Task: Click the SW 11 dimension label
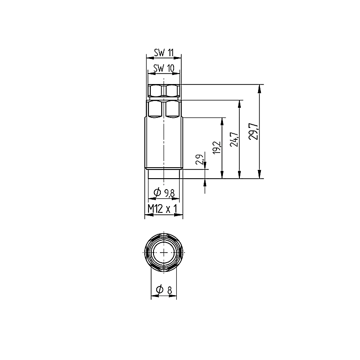coord(164,53)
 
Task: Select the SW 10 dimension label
coord(164,68)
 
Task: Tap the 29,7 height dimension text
coord(254,131)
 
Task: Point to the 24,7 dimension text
coord(234,140)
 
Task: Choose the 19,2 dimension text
coord(217,147)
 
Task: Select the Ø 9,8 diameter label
coord(164,193)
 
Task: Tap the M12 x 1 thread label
coord(163,209)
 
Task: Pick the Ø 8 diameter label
coord(164,290)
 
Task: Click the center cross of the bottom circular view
coord(164,252)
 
